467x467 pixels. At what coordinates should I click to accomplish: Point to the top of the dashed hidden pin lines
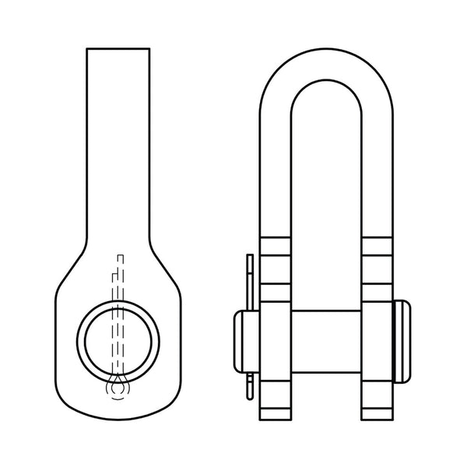[x=118, y=255]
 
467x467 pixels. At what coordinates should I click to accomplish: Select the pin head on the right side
[x=407, y=340]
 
